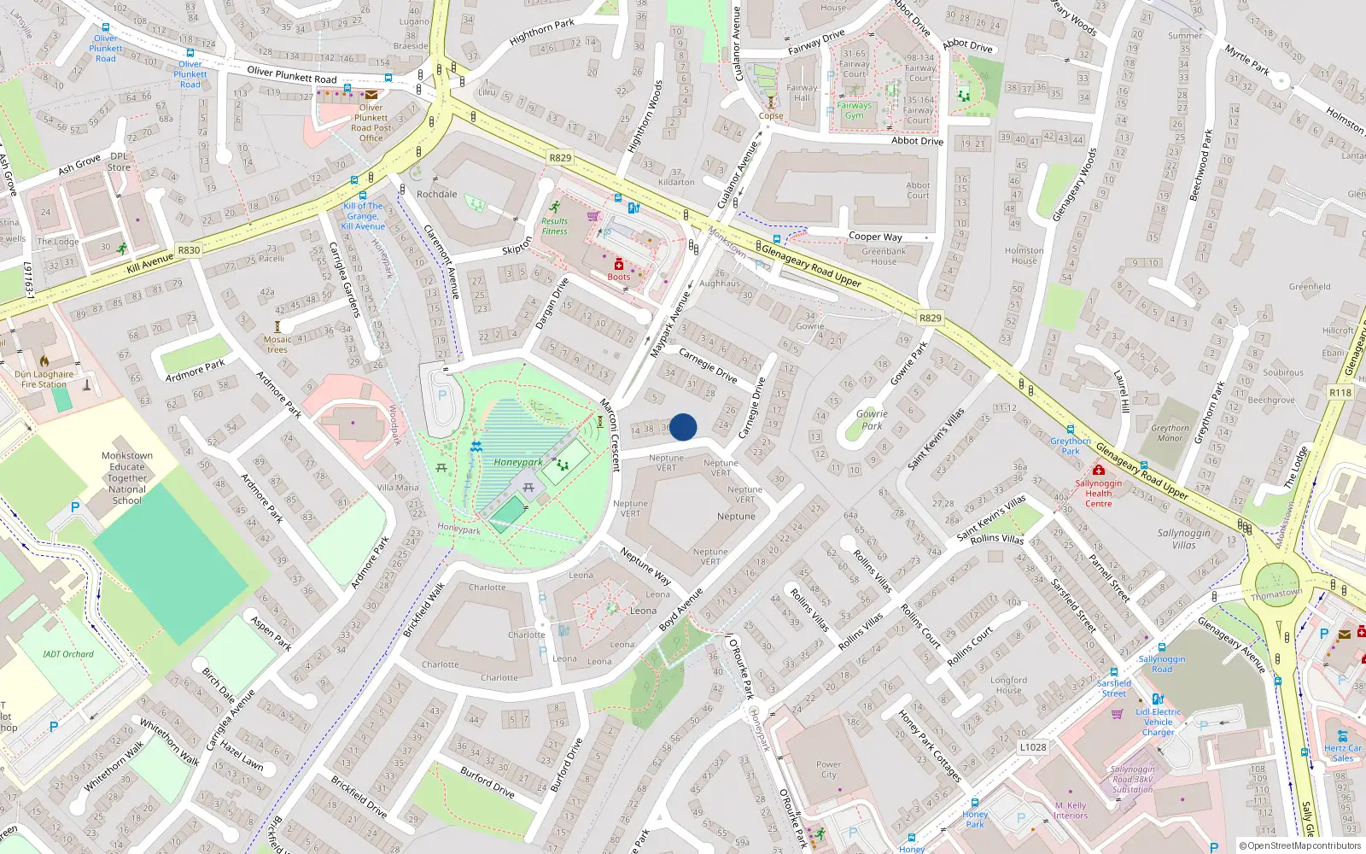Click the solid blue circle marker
tap(683, 427)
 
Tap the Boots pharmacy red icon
tap(619, 266)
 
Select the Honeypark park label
tap(517, 462)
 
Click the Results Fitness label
tap(554, 225)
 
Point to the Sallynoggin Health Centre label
tap(1099, 493)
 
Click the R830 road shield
tap(189, 250)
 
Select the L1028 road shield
tap(1032, 747)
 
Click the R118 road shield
tap(1340, 393)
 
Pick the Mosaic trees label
tap(277, 344)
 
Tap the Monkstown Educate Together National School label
tap(127, 477)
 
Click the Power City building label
tap(828, 769)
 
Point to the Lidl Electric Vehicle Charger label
tap(1159, 722)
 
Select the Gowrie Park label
tap(872, 419)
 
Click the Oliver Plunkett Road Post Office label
tap(371, 123)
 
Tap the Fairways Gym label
tap(855, 110)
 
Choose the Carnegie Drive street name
tap(708, 365)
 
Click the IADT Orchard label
tap(68, 654)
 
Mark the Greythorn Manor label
tap(1170, 433)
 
